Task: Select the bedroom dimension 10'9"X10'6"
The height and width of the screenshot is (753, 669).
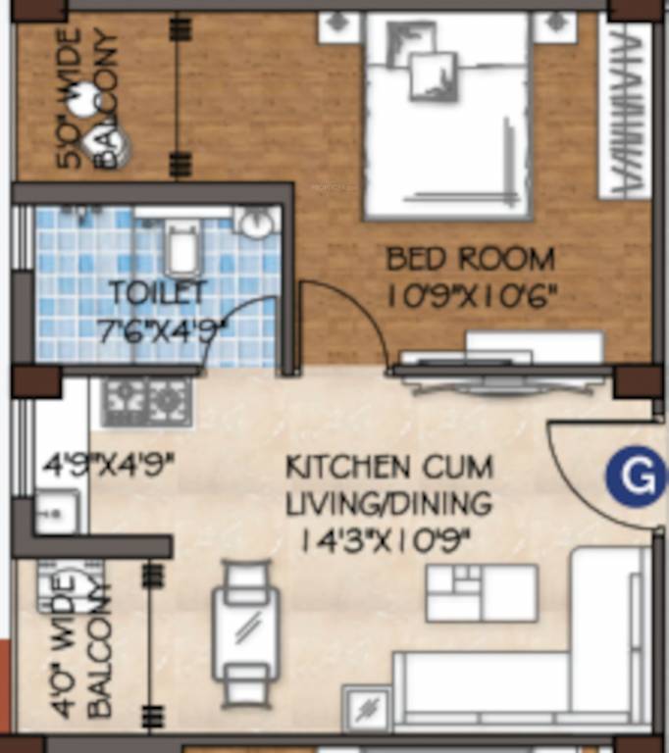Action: [x=471, y=294]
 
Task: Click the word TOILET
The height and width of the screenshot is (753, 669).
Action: [x=158, y=292]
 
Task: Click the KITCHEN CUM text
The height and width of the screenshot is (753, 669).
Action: [x=389, y=467]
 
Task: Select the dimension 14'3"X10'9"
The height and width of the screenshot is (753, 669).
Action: [x=389, y=539]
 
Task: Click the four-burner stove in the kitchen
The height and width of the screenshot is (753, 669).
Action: [x=146, y=400]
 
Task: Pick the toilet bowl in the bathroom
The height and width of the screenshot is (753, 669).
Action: [x=181, y=248]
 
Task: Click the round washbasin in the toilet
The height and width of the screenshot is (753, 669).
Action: [x=257, y=224]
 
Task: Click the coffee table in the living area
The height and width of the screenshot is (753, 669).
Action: [x=482, y=593]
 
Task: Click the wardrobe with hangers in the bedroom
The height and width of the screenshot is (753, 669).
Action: [x=626, y=108]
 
